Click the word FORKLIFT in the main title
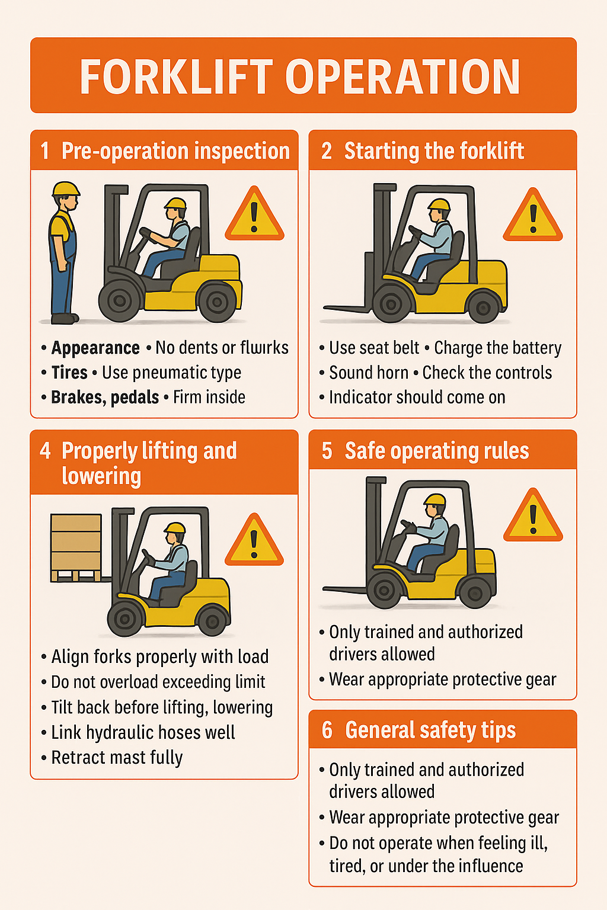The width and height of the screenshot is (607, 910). point(176,77)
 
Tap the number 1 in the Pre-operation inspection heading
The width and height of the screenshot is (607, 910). point(44,150)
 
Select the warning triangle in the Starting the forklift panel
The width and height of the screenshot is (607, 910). point(532,215)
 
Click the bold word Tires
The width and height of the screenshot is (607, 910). point(69,373)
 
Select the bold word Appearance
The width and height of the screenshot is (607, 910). point(95,348)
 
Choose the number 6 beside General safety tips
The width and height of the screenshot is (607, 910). point(327,730)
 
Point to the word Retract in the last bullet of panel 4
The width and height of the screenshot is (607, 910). point(77,758)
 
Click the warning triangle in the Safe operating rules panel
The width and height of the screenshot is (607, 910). point(533,516)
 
